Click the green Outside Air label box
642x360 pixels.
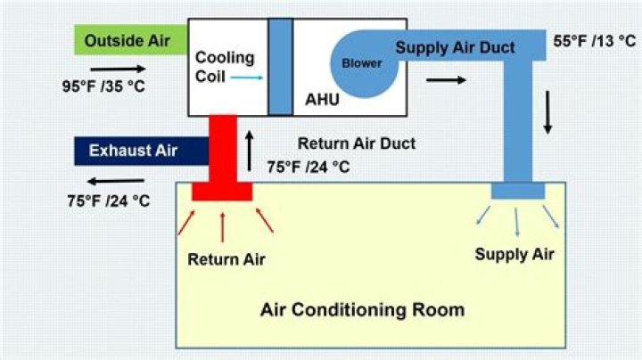130,39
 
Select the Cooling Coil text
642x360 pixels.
225,66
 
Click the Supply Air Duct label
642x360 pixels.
455,47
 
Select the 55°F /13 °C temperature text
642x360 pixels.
594,41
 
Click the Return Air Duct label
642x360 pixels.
357,143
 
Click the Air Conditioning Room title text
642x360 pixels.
362,310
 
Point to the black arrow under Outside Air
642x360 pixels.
116,67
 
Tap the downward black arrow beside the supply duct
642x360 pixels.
547,117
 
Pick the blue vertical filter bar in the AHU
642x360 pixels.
280,64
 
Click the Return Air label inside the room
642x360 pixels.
226,259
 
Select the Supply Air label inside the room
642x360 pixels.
514,254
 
